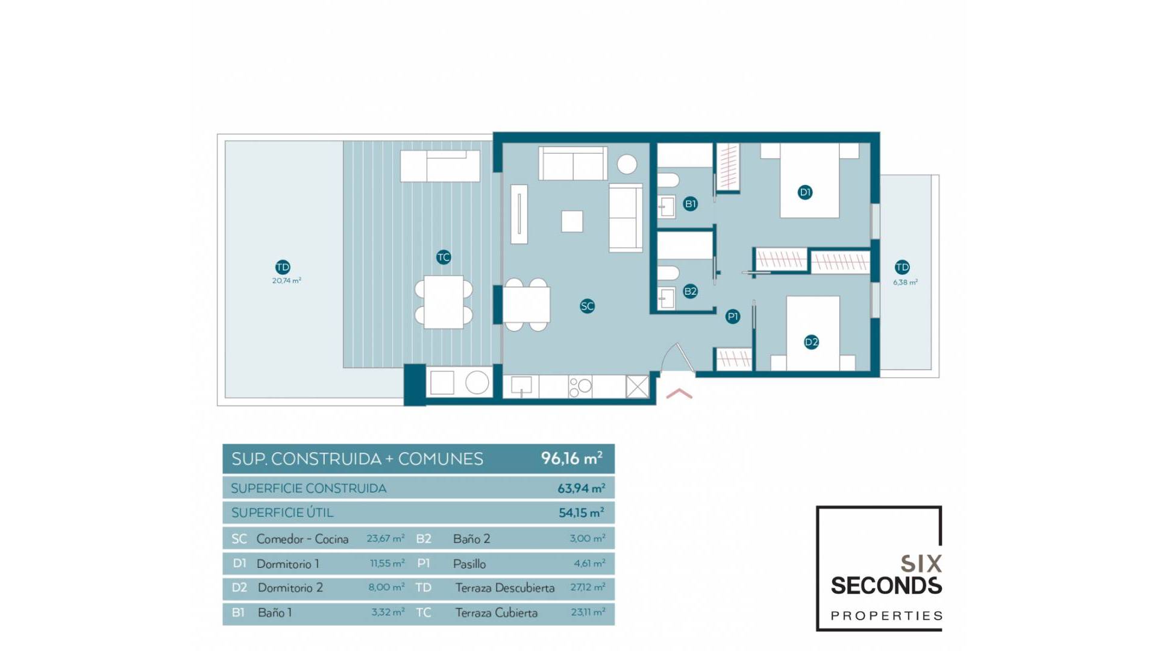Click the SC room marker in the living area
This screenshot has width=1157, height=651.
[587, 306]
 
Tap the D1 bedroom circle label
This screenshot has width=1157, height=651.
[805, 192]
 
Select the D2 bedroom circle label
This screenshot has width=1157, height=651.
[812, 342]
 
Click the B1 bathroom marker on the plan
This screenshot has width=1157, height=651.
[691, 204]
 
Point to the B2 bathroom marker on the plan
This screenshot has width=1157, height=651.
[691, 292]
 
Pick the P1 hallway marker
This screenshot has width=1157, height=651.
[733, 316]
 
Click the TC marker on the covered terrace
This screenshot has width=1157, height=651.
[444, 257]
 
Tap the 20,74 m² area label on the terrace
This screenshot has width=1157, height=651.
[286, 281]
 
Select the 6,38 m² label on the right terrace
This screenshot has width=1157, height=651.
[905, 282]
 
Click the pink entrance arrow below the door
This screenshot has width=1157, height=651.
[679, 394]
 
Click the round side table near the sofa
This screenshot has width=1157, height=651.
[627, 164]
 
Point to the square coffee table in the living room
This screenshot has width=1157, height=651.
[572, 221]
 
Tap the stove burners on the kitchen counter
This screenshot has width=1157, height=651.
[580, 387]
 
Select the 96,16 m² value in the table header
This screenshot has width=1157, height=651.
[571, 459]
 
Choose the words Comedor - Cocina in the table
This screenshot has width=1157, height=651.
[303, 539]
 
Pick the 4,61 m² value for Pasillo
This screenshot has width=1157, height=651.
[589, 564]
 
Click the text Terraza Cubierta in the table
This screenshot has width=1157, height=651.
[496, 613]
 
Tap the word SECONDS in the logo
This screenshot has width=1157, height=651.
[886, 586]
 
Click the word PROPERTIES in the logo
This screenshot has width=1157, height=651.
[886, 616]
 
